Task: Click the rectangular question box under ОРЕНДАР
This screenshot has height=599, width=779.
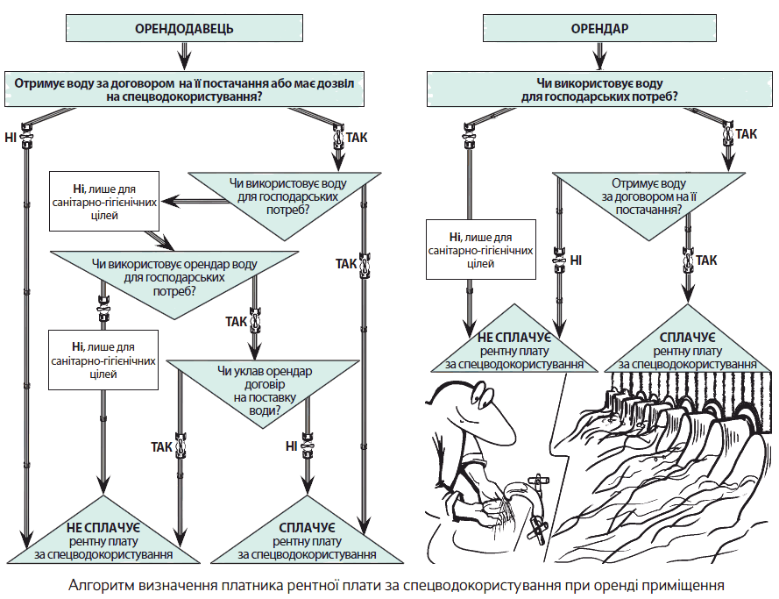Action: click(599, 89)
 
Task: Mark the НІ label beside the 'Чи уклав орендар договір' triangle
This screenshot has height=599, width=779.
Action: click(291, 446)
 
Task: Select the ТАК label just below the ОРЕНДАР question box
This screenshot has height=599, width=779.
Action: click(747, 134)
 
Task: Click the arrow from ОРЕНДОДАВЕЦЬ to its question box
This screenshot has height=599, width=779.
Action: click(184, 57)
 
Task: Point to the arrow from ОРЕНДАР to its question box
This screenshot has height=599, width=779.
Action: click(599, 57)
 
